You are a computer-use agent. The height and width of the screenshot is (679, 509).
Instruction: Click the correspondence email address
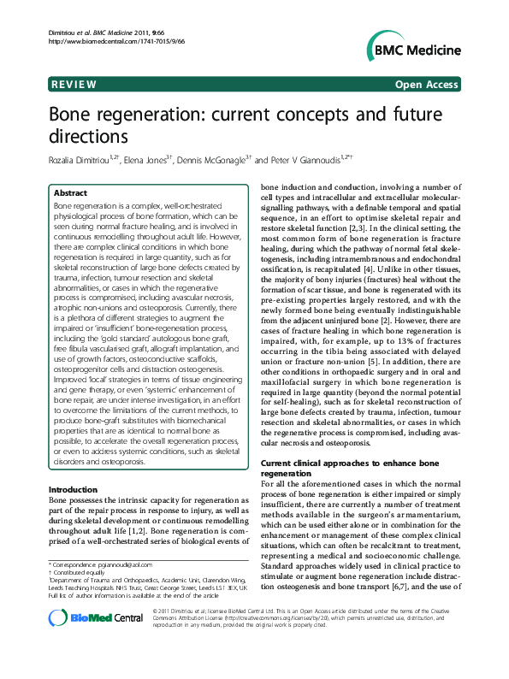[130, 565]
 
